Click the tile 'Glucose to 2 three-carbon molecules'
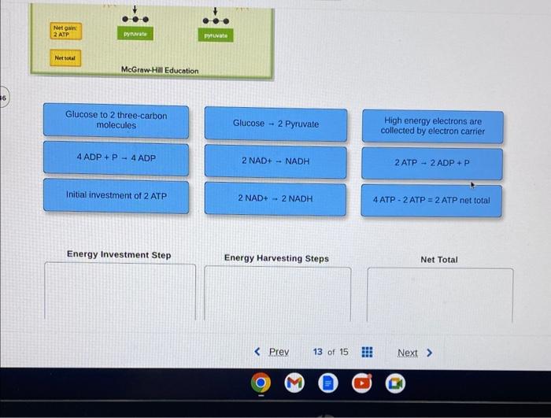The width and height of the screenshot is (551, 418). (x=116, y=121)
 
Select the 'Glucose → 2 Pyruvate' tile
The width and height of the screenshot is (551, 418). (x=275, y=124)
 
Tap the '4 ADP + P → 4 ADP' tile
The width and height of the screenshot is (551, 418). (x=116, y=158)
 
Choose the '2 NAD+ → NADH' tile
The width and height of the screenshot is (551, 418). (x=275, y=161)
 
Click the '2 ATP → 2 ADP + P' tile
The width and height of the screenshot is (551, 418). (x=431, y=163)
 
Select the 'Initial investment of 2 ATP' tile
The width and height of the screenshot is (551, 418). (x=116, y=195)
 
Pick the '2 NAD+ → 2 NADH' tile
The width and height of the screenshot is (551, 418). (x=275, y=198)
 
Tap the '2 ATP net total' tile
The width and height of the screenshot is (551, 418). (x=431, y=200)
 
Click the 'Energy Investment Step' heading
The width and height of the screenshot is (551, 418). (x=119, y=255)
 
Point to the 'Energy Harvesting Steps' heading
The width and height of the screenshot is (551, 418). (x=276, y=258)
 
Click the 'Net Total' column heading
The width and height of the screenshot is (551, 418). (x=439, y=259)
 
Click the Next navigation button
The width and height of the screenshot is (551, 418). (x=413, y=353)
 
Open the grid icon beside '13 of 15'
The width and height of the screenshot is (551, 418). (x=367, y=352)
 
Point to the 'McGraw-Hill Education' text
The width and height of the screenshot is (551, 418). (x=160, y=71)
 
